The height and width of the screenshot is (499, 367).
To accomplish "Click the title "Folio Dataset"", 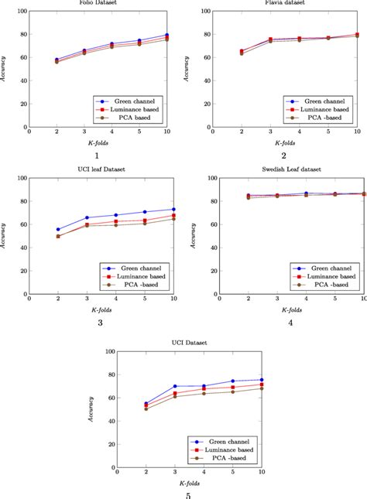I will (x=94, y=3).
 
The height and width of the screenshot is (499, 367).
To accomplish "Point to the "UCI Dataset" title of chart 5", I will (x=188, y=342).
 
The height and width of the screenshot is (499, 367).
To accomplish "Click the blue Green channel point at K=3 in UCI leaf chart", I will (x=87, y=217).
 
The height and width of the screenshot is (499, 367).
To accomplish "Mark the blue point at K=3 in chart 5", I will (x=176, y=386).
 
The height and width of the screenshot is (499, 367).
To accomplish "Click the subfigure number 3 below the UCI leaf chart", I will (x=101, y=323).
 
